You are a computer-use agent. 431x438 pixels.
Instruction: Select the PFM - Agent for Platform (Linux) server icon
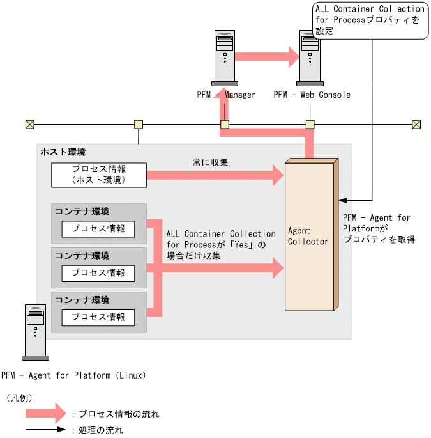[x=34, y=332]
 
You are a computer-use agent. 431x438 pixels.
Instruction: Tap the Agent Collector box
[x=310, y=236]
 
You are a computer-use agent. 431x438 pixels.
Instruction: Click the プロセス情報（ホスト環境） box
[x=99, y=175]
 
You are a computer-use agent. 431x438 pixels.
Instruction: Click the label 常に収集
[x=210, y=162]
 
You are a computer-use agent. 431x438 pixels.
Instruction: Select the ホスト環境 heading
[x=63, y=152]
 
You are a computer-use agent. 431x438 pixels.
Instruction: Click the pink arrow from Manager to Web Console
[x=267, y=56]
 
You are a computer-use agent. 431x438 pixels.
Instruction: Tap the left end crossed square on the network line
[x=29, y=124]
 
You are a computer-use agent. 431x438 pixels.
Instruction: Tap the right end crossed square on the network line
[x=416, y=124]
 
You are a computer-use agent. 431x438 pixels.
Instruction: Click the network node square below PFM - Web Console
[x=310, y=124]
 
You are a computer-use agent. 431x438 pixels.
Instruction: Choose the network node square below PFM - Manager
[x=225, y=124]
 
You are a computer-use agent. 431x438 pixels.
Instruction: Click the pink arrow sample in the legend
[x=45, y=413]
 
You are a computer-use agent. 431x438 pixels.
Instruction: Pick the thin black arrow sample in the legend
[x=45, y=430]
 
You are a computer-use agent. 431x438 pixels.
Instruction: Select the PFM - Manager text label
[x=226, y=95]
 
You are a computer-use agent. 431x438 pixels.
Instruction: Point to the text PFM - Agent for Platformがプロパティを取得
[x=379, y=228]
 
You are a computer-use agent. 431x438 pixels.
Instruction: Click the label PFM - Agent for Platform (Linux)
[x=73, y=375]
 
